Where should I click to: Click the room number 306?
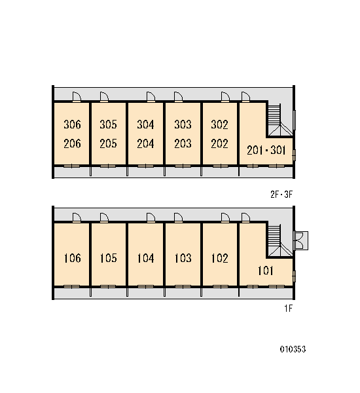tap(72, 124)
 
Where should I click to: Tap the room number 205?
tap(108, 143)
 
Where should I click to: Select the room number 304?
tap(145, 124)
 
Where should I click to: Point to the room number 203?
tap(183, 143)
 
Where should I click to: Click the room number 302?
tap(219, 124)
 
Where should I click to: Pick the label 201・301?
tap(266, 151)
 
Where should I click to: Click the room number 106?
tap(72, 258)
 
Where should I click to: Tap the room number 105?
tap(108, 258)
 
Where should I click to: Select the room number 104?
tap(145, 258)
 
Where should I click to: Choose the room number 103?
tap(183, 258)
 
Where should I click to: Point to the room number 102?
tap(219, 258)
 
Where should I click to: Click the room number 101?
tap(266, 271)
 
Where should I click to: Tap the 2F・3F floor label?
tap(281, 195)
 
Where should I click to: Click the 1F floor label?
tap(289, 309)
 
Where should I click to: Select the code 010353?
tap(293, 349)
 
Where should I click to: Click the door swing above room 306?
tap(77, 97)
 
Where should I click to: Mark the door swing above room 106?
tap(77, 217)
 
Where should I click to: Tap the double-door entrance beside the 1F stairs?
tap(301, 240)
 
